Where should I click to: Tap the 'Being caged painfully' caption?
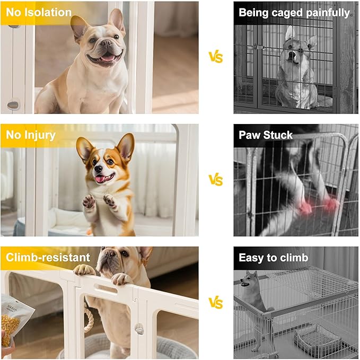coord(294,12)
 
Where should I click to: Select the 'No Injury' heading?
coord(31,135)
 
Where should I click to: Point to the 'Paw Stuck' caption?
coord(265,135)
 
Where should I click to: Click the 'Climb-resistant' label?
coord(48,258)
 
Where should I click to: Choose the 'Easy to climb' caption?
coord(273,258)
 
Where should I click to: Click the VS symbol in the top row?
coord(215,57)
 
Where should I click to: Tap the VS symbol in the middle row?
coord(215,180)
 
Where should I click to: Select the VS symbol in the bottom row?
coord(215,303)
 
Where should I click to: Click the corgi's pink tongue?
coord(100,179)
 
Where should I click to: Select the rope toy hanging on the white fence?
coord(89,321)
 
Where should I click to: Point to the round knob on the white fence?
coord(139,329)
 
